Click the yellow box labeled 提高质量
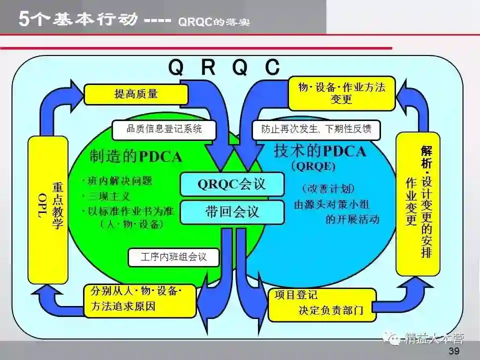click(136, 94)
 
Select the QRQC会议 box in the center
click(232, 184)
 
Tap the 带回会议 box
click(232, 211)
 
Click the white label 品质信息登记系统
click(164, 129)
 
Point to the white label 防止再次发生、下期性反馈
click(316, 129)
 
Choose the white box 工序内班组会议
click(173, 257)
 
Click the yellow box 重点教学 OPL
click(48, 210)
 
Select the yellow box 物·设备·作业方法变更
click(341, 93)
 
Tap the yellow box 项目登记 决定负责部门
click(321, 304)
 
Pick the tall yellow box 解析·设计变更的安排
click(418, 203)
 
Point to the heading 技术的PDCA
click(320, 151)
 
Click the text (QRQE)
click(313, 165)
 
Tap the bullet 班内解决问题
click(117, 181)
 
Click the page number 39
click(453, 350)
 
